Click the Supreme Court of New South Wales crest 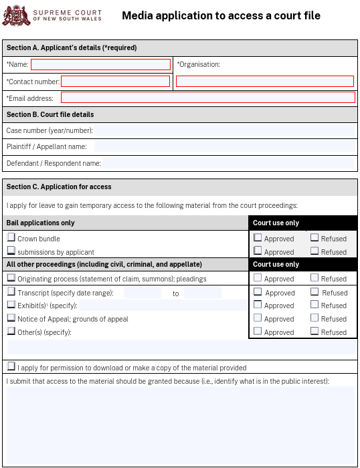point(15,15)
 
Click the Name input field point(100,65)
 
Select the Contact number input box point(115,82)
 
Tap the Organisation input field point(264,82)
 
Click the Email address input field point(207,98)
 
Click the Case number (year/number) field point(224,130)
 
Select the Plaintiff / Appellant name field point(224,146)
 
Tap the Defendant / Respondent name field point(228,163)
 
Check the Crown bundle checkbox point(11,237)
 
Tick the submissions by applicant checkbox point(11,251)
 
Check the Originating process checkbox point(11,277)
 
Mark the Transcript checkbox point(11,291)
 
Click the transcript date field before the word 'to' point(143,293)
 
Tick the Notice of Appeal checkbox point(11,318)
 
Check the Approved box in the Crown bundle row point(258,237)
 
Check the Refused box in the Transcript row point(314,291)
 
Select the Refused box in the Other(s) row point(314,331)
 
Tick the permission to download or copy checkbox point(11,366)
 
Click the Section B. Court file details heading point(50,114)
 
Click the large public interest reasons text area point(180,425)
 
